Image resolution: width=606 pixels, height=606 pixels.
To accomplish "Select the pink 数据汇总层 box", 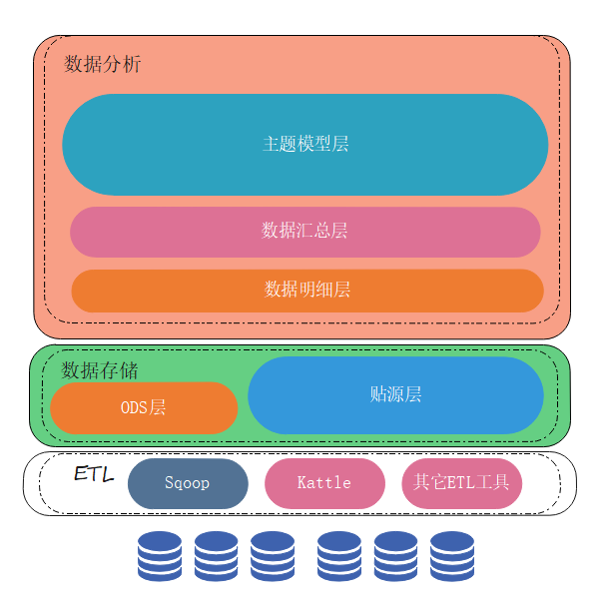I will click(304, 232).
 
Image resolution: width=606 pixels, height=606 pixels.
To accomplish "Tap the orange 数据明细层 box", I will click(306, 290).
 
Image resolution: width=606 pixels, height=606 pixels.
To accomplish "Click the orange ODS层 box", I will click(144, 407).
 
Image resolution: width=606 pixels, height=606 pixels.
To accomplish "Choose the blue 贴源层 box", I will click(395, 394).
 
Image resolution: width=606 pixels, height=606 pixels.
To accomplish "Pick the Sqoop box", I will click(188, 483).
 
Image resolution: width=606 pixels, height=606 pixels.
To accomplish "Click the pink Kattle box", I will click(324, 483).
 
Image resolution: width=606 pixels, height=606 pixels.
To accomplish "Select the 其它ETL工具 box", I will click(462, 483).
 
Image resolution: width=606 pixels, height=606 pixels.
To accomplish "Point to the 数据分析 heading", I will click(103, 65).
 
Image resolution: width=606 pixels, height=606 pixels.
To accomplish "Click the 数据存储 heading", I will click(100, 370).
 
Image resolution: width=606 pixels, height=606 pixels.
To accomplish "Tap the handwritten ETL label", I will click(94, 472).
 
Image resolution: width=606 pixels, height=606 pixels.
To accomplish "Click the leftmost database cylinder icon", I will click(160, 556).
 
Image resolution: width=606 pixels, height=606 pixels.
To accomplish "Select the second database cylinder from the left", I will click(217, 556).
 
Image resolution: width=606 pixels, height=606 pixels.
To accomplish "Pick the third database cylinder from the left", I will click(273, 556).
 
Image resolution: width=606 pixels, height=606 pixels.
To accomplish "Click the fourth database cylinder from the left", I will click(339, 556).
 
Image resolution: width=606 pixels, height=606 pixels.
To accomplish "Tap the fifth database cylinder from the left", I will click(396, 556).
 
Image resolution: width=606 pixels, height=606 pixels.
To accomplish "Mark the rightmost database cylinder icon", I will click(452, 556).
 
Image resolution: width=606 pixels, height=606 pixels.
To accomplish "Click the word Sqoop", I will click(188, 483).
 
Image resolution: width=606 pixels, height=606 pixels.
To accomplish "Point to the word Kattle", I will click(324, 483).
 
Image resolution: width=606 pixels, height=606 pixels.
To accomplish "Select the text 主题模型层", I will click(305, 145).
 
